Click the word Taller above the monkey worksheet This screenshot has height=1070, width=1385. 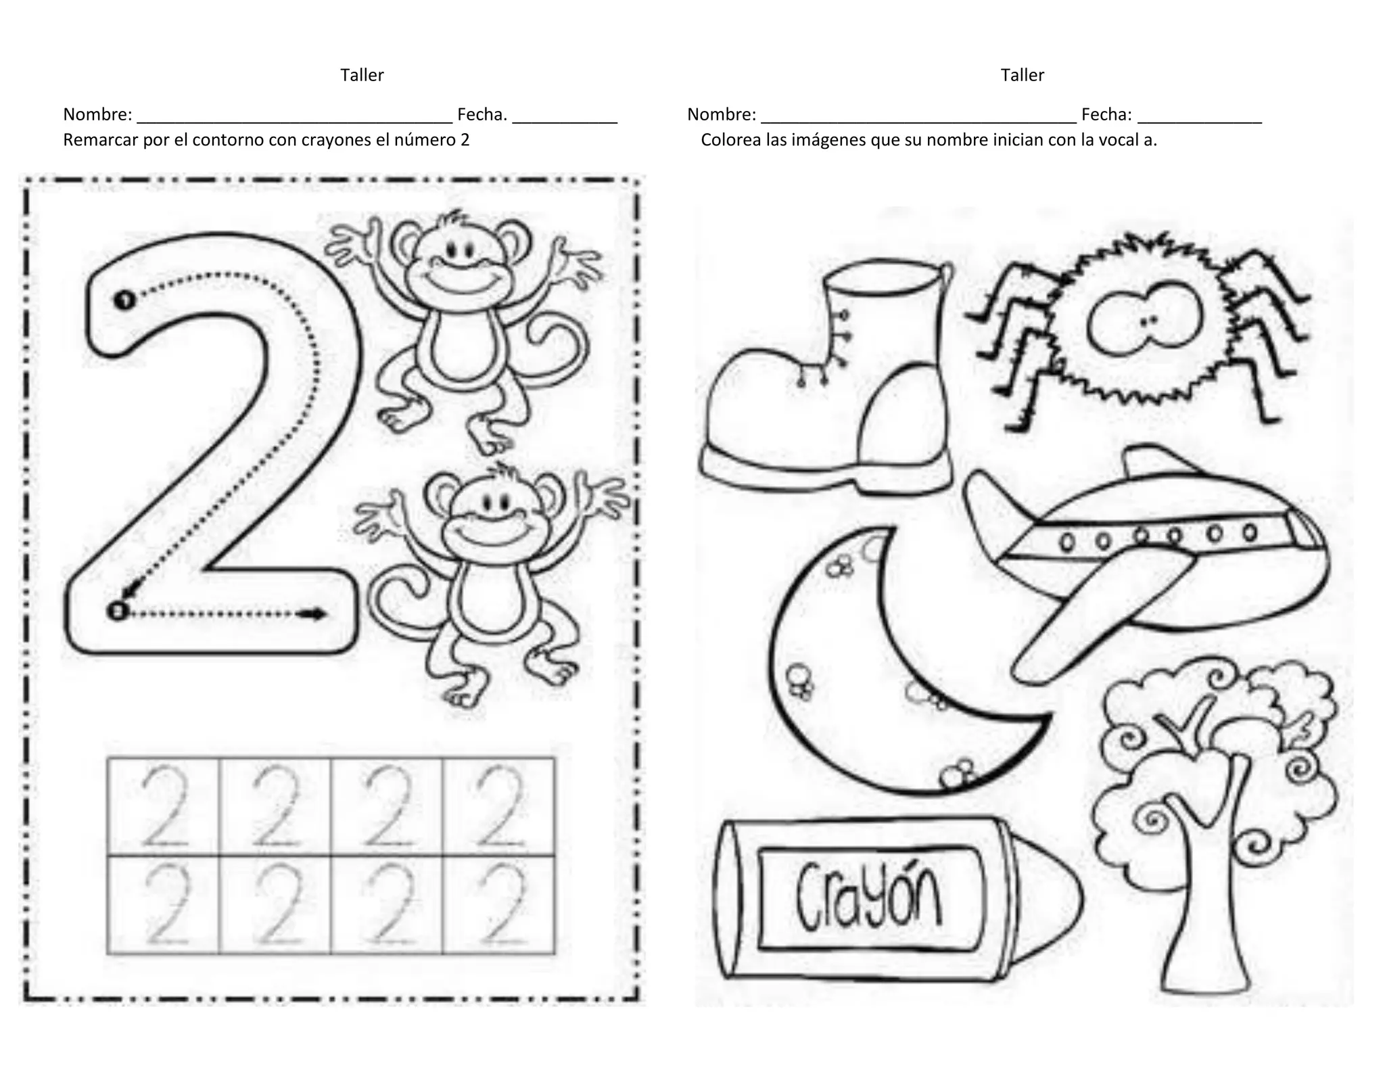point(362,75)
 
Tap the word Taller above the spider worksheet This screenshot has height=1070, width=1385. point(1022,75)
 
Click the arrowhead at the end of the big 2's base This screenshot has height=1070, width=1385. point(315,614)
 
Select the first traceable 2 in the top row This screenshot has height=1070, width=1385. point(164,805)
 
